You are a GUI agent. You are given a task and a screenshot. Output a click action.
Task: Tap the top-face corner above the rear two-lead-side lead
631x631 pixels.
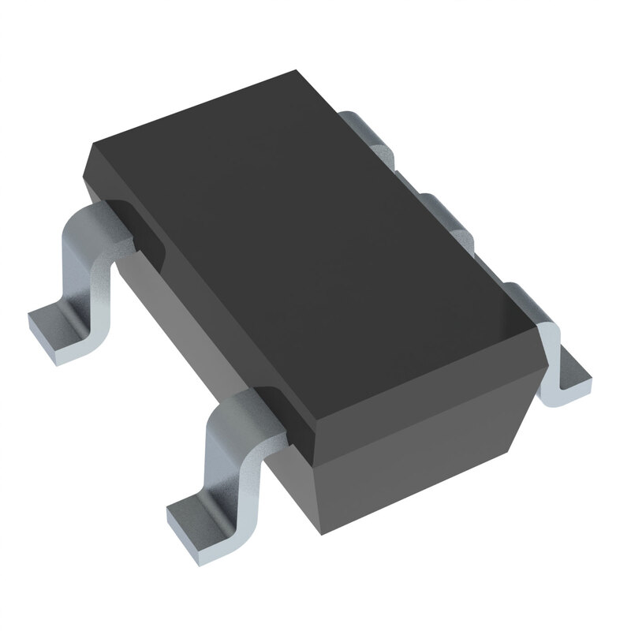tap(88, 146)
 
